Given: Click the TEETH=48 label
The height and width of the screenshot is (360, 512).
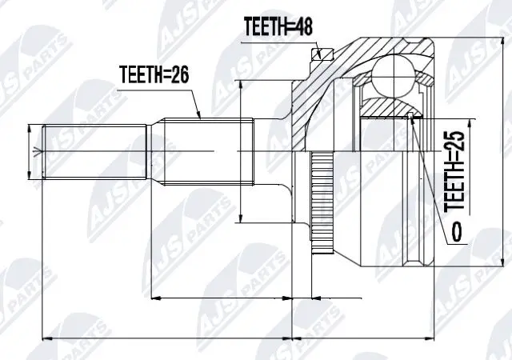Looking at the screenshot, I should pyautogui.click(x=277, y=26).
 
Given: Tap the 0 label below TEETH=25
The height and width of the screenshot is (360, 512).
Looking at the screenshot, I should pyautogui.click(x=455, y=233).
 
